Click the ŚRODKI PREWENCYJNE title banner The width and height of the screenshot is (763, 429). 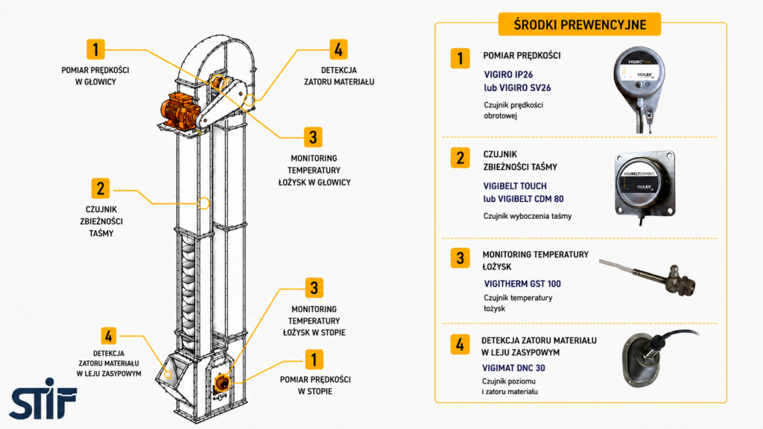(x=580, y=25)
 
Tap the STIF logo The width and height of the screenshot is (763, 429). (x=42, y=399)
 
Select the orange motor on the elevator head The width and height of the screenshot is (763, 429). (x=181, y=111)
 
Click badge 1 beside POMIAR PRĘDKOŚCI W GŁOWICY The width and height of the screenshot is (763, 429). (x=95, y=49)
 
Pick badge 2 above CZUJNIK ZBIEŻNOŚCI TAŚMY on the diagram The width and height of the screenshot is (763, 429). (x=101, y=188)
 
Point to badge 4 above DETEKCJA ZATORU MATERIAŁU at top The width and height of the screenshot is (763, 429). (x=338, y=49)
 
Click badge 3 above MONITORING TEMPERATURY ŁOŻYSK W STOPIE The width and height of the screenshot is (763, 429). (x=314, y=288)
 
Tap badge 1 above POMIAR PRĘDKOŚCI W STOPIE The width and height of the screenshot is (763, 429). (x=314, y=360)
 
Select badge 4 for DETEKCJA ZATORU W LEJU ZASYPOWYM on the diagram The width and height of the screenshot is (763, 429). (x=109, y=336)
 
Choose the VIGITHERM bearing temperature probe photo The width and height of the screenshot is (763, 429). (x=648, y=277)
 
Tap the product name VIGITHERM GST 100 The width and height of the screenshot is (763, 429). (x=522, y=284)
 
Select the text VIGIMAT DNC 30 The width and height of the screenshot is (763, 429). (x=513, y=368)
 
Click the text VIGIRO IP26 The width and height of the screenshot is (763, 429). (x=508, y=74)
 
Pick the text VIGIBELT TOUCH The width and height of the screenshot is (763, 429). (x=515, y=185)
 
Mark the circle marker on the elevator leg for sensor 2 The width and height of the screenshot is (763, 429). (x=204, y=203)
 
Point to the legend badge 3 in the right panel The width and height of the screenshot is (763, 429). (x=460, y=258)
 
